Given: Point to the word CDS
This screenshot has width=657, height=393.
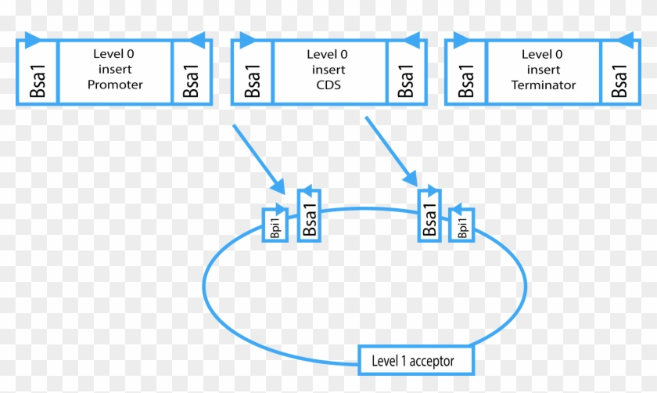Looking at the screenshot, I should [x=328, y=85].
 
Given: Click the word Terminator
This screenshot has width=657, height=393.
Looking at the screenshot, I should [x=543, y=85].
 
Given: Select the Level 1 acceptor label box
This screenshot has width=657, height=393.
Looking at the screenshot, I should [x=417, y=360].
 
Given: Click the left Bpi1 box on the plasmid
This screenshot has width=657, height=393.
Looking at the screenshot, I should [x=274, y=227].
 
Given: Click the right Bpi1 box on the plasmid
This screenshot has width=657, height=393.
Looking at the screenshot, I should [x=462, y=227].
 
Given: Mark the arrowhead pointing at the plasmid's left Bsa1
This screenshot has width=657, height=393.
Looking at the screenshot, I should [x=277, y=186].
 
